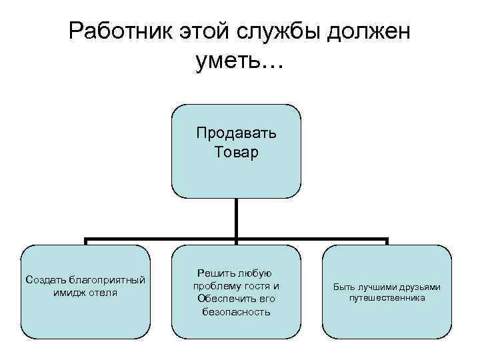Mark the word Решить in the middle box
[x=215, y=273]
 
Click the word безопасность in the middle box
[x=237, y=311]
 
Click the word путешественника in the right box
[x=387, y=298]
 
